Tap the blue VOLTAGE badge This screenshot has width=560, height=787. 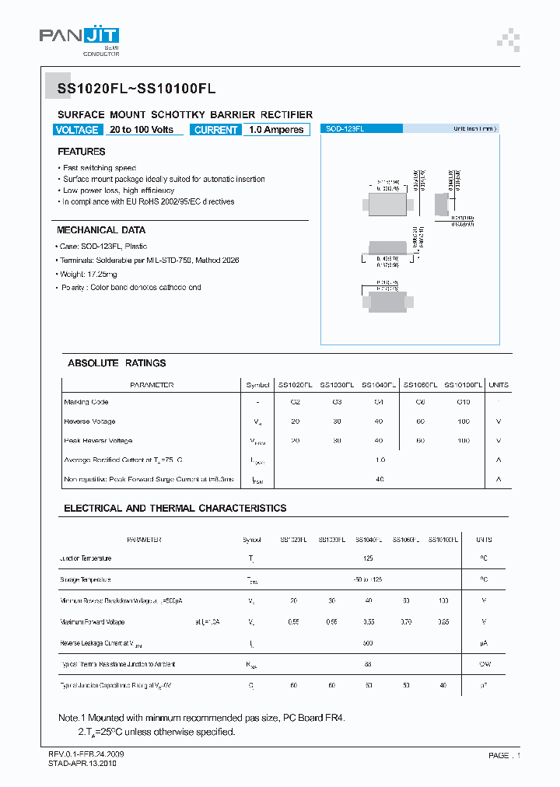click(77, 130)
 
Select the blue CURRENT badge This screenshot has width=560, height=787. click(215, 130)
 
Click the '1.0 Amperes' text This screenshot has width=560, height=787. click(276, 130)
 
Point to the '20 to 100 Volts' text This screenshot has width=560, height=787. click(142, 130)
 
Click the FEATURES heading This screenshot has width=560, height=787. click(81, 152)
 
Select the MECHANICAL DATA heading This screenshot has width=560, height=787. click(101, 230)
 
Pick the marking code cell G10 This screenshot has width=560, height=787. click(463, 402)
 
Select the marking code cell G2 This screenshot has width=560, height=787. click(295, 402)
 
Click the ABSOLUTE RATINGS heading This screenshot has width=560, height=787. click(117, 363)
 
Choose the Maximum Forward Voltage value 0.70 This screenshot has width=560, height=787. click(405, 622)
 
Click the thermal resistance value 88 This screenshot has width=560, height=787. click(368, 664)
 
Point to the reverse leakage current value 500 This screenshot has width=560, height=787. click(368, 643)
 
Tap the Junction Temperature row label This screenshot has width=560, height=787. click(86, 558)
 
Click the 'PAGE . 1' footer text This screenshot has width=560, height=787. click(504, 755)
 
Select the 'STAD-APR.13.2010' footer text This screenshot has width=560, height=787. click(80, 764)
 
